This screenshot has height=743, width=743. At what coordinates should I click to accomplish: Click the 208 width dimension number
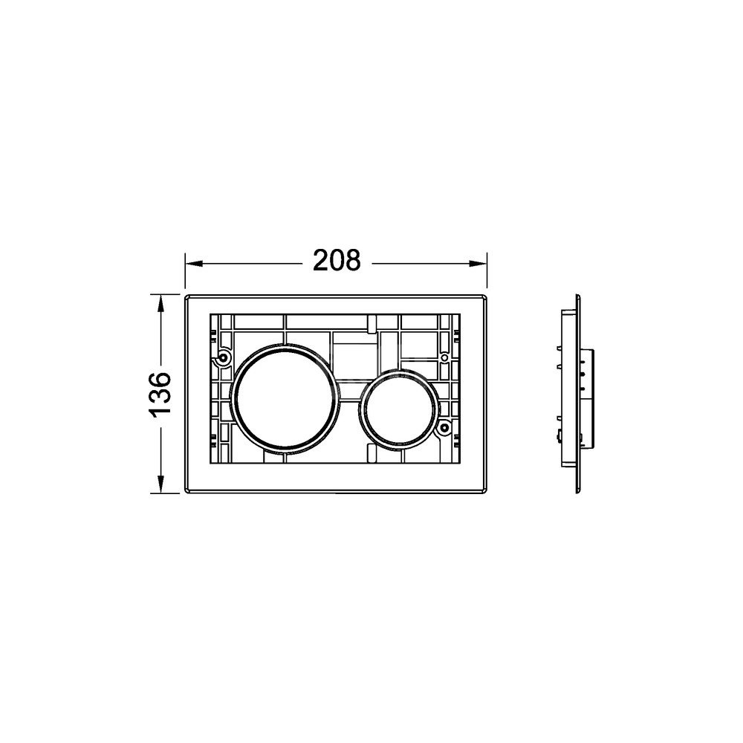[x=337, y=261]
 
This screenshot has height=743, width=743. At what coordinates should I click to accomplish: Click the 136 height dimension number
[x=160, y=395]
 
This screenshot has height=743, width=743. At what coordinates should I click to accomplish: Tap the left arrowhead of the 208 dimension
[x=194, y=264]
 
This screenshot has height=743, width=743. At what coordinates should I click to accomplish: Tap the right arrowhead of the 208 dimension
[x=478, y=264]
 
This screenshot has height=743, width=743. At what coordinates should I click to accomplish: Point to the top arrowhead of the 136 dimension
[x=161, y=304]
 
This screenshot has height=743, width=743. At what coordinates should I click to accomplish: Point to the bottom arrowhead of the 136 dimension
[x=161, y=484]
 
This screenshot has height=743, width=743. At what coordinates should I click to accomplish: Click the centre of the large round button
[x=285, y=396]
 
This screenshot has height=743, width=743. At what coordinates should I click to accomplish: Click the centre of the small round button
[x=398, y=408]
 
